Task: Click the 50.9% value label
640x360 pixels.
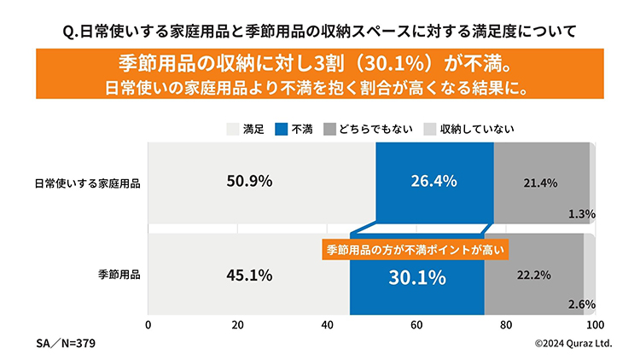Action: pyautogui.click(x=249, y=181)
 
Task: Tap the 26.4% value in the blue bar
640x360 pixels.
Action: pyautogui.click(x=434, y=181)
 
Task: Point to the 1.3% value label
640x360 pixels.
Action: pyautogui.click(x=581, y=214)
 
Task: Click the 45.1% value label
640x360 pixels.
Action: pyautogui.click(x=249, y=276)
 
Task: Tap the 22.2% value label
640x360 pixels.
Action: pyautogui.click(x=532, y=276)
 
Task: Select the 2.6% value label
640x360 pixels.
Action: pyautogui.click(x=581, y=304)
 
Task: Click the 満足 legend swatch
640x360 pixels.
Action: pyautogui.click(x=232, y=129)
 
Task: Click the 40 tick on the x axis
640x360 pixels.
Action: pyautogui.click(x=328, y=325)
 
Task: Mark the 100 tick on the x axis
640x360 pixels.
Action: pyautogui.click(x=596, y=325)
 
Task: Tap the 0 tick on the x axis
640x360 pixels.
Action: pyautogui.click(x=148, y=325)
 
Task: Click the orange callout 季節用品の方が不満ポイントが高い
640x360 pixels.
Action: pyautogui.click(x=416, y=250)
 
